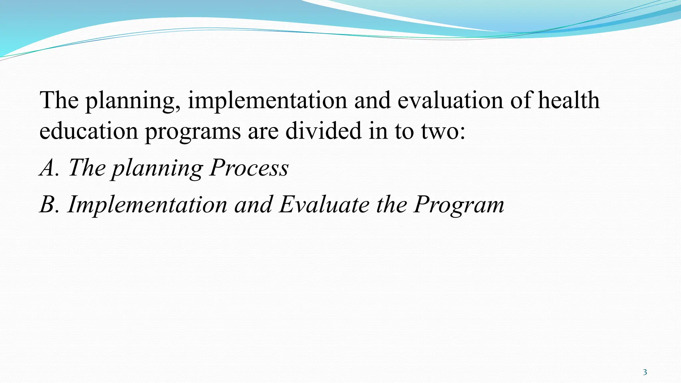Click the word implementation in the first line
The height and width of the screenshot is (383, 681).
[267, 100]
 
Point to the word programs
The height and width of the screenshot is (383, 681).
[193, 132]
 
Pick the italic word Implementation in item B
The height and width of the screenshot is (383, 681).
[147, 205]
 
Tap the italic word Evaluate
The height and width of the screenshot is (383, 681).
[324, 204]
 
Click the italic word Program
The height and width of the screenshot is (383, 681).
[459, 205]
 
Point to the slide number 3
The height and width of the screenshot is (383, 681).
[645, 372]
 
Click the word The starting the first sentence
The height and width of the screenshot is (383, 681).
[59, 100]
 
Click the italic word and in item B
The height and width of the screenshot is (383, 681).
[253, 204]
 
